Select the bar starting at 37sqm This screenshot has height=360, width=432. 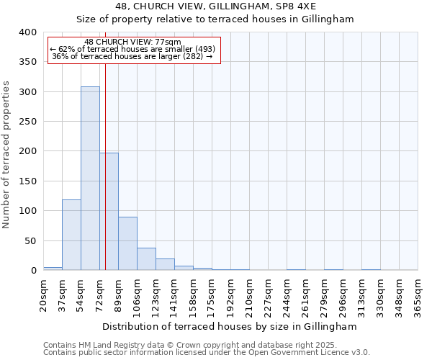tap(71, 235)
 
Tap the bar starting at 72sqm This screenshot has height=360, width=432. tap(109, 212)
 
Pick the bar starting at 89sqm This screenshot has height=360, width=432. tap(127, 243)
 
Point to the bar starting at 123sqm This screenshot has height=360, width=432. tap(165, 264)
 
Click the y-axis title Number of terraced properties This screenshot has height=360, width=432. tap(6, 154)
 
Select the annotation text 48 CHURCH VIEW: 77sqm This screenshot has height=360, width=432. tap(132, 42)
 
